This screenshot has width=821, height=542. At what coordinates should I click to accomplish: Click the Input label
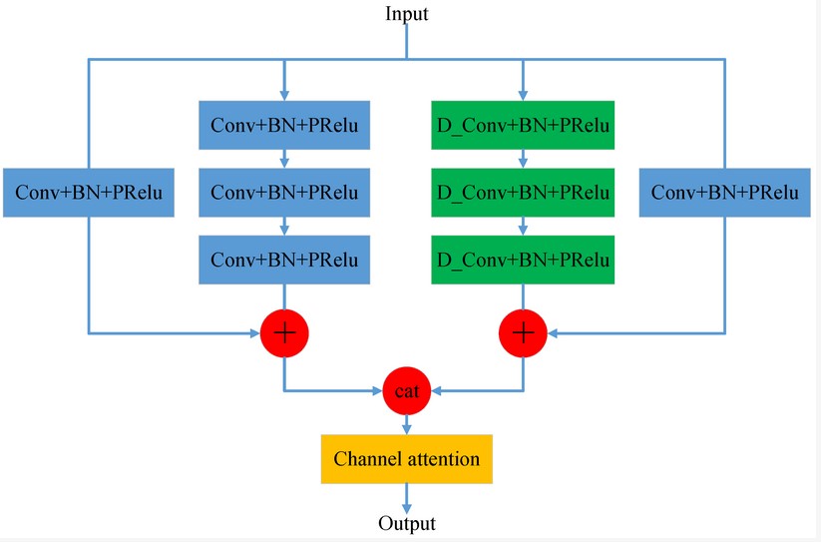(x=406, y=13)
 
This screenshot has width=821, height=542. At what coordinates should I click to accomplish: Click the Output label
(x=406, y=523)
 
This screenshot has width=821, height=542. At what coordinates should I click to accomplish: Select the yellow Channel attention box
(x=406, y=459)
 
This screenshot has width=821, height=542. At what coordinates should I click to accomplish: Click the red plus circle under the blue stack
(x=285, y=331)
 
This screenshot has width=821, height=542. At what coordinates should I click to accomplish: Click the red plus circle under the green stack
(x=523, y=331)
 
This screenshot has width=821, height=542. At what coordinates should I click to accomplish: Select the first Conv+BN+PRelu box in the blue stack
(x=285, y=126)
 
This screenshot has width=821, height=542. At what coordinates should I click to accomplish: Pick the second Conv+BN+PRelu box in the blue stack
(x=285, y=192)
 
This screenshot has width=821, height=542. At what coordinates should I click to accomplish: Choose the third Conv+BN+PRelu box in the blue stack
(x=285, y=259)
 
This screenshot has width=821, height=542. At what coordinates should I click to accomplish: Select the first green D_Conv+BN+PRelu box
(x=523, y=126)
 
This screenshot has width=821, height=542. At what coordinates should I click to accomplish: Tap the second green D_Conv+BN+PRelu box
(x=523, y=192)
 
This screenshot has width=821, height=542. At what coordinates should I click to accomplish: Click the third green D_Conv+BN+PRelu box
(x=523, y=259)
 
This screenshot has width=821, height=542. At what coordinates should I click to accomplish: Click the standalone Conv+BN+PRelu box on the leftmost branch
(x=89, y=192)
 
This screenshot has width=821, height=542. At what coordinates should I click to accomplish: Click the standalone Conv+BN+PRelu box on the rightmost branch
(x=725, y=192)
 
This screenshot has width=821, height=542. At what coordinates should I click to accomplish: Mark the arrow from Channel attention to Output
(x=406, y=498)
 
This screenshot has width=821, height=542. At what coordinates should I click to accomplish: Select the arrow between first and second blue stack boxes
(x=285, y=159)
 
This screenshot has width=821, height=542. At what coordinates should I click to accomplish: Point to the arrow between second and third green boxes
(x=523, y=226)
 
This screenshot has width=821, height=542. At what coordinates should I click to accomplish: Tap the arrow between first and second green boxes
(x=523, y=159)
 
